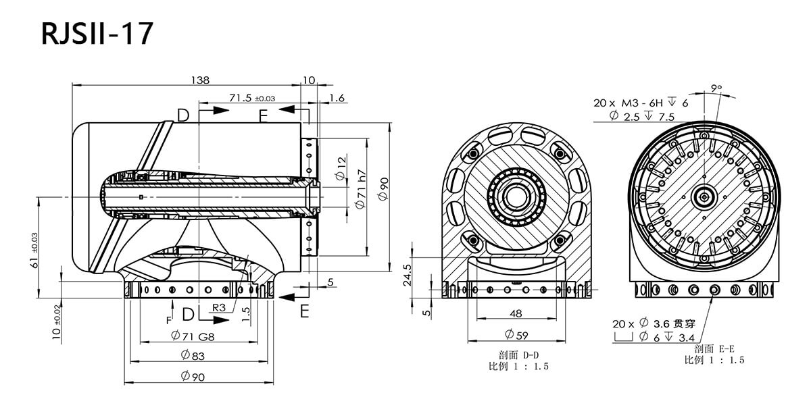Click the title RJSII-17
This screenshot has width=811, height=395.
(x=97, y=34)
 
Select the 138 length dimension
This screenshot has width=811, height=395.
(x=200, y=80)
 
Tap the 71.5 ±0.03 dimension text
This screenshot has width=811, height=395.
(x=252, y=98)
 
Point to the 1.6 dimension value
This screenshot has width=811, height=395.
(x=337, y=98)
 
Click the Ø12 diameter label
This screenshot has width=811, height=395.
(x=341, y=169)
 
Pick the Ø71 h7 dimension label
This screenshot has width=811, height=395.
(x=361, y=189)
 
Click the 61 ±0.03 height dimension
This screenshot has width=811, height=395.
(x=34, y=251)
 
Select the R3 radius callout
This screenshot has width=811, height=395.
(x=219, y=308)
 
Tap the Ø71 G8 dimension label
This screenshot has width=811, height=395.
(x=193, y=336)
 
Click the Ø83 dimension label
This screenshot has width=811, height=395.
(x=193, y=356)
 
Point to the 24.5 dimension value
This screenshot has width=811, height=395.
(x=408, y=275)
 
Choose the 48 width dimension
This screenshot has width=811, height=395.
(x=516, y=313)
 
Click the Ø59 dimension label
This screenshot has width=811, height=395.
(x=516, y=335)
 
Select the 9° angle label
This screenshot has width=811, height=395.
(x=716, y=88)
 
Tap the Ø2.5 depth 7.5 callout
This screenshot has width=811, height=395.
(x=642, y=116)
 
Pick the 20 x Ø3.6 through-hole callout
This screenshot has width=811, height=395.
(x=654, y=323)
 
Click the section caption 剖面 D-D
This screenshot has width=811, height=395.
(x=518, y=355)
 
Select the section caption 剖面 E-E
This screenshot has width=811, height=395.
(x=714, y=348)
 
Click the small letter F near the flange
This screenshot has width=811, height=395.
(x=169, y=321)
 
